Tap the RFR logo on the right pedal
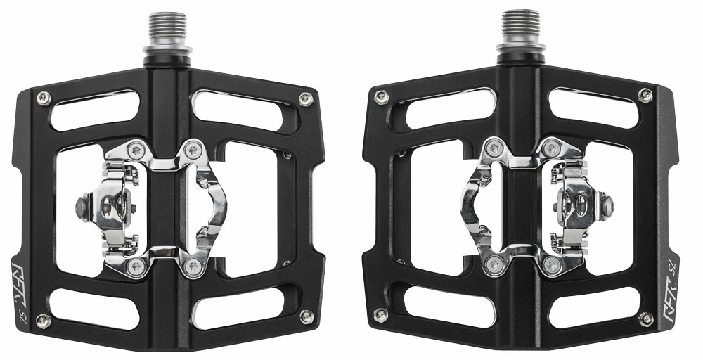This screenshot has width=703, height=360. (x=667, y=281)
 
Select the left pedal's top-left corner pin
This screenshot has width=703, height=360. (x=43, y=97)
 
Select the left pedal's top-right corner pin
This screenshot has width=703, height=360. (x=305, y=98)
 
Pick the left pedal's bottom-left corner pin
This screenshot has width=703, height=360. (x=43, y=320)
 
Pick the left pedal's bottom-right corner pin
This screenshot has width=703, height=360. (x=306, y=317)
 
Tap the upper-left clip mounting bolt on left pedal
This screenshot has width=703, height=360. (x=138, y=148)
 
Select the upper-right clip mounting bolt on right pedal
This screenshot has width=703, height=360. (x=552, y=148)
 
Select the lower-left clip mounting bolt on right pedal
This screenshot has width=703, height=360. (x=496, y=265)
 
